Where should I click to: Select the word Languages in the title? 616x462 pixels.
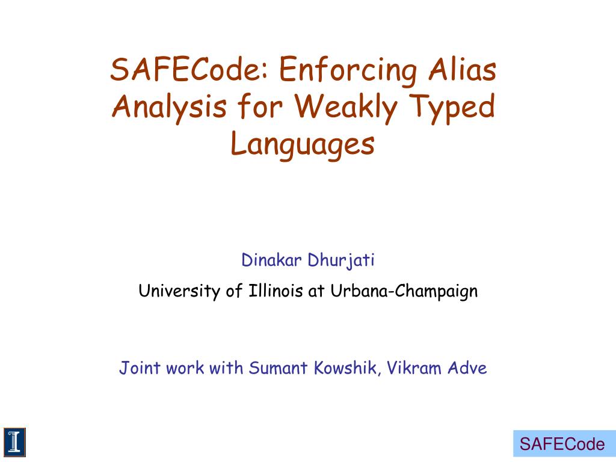click(x=303, y=146)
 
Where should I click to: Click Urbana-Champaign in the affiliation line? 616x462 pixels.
click(x=402, y=292)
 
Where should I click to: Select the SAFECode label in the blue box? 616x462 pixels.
click(x=562, y=445)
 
